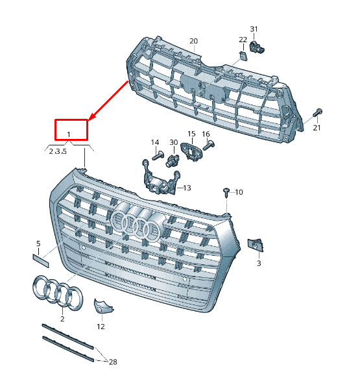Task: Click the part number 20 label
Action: pos(193,41)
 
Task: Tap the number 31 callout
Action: pos(254,29)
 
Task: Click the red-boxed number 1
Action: pos(71,134)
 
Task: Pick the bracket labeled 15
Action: pos(192,151)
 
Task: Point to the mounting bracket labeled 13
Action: pos(158,182)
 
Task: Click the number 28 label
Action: pos(113,361)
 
